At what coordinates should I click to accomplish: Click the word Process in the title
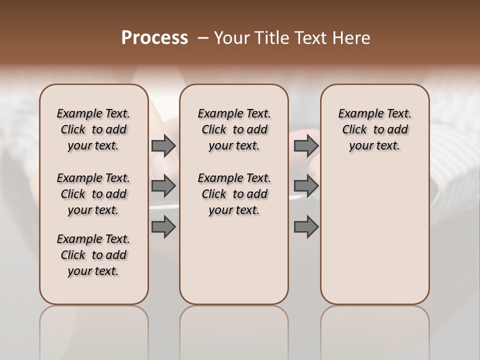click(154, 38)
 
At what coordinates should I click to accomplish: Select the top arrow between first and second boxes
click(163, 146)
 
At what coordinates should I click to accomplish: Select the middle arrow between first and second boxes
click(163, 186)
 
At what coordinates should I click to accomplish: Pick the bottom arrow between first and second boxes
click(163, 227)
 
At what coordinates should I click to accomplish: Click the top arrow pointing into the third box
click(306, 146)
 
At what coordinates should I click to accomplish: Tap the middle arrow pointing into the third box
click(306, 186)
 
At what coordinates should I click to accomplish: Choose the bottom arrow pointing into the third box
click(306, 227)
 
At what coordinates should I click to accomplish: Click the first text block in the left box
click(93, 129)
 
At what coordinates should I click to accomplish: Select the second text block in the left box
click(93, 194)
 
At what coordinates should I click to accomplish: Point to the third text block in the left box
click(93, 255)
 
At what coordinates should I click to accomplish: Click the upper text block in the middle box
click(234, 129)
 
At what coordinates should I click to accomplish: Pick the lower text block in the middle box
click(234, 194)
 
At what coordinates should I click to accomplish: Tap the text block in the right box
click(375, 129)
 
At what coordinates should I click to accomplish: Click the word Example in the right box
click(357, 113)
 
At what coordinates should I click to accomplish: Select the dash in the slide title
click(203, 38)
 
